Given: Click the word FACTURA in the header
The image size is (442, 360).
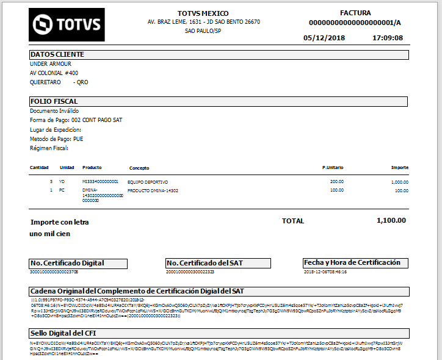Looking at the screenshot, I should [x=355, y=13].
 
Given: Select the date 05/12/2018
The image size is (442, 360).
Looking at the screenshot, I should [x=324, y=38].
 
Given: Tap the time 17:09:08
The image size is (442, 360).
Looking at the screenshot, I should [x=388, y=38].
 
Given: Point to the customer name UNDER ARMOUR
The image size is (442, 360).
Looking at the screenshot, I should [x=51, y=63].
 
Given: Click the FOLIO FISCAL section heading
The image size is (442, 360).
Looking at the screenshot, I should [x=54, y=101].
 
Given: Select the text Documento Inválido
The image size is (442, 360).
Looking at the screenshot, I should [x=54, y=111].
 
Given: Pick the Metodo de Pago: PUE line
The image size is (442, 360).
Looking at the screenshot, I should [x=57, y=139].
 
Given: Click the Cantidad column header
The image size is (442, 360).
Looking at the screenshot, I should [x=40, y=167].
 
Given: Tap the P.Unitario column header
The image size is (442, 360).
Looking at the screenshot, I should [x=333, y=167].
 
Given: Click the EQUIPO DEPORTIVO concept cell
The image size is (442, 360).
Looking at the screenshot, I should [x=147, y=182].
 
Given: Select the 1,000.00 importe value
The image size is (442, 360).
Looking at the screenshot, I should [x=400, y=182].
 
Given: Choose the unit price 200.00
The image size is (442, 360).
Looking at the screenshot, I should [x=337, y=181].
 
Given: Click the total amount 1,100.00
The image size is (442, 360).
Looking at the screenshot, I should [x=391, y=220].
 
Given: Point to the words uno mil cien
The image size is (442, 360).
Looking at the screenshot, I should [x=49, y=234].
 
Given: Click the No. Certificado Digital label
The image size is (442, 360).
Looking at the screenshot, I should [x=67, y=263].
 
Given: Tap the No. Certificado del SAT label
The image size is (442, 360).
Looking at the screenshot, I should [x=205, y=263].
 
